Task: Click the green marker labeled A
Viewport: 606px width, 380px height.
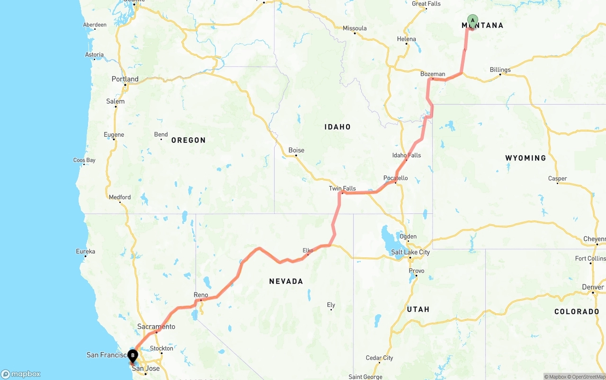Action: coord(472,20)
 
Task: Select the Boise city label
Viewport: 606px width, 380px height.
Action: coord(296,150)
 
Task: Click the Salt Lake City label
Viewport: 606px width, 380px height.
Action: coord(410,252)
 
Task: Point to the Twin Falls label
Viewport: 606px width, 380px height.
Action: coord(342,188)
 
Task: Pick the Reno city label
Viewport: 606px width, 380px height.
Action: coord(201,295)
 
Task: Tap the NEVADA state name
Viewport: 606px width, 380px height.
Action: coord(286,282)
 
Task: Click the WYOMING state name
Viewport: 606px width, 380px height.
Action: coord(526,158)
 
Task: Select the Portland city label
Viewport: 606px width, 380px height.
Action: coord(125,79)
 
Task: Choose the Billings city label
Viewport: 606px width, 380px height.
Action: coord(500,70)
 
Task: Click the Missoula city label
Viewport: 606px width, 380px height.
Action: coord(355,28)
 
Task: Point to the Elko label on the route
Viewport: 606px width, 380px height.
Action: coord(308,250)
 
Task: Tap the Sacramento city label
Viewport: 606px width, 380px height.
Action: coord(156,327)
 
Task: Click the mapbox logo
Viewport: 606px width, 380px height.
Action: coord(21,374)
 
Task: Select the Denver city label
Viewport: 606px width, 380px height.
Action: coord(593,287)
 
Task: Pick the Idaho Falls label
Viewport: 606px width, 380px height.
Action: coord(406,155)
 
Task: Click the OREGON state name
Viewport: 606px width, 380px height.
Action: coord(188,141)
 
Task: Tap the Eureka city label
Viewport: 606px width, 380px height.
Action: coord(86,251)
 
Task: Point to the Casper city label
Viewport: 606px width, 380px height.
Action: coord(557,179)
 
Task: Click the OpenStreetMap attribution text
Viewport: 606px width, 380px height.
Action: coord(587,377)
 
